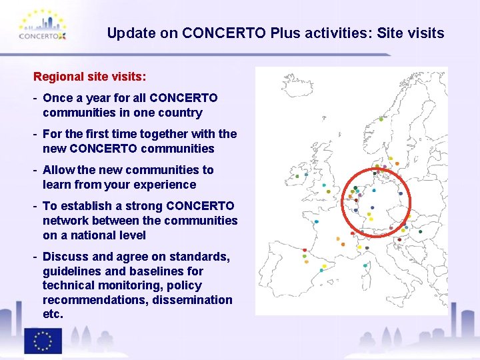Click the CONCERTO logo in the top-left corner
[43, 26]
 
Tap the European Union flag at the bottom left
[43, 341]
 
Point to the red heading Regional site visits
[90, 77]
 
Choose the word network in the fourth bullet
[65, 221]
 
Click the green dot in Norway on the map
[381, 119]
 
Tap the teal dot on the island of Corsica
[365, 265]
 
